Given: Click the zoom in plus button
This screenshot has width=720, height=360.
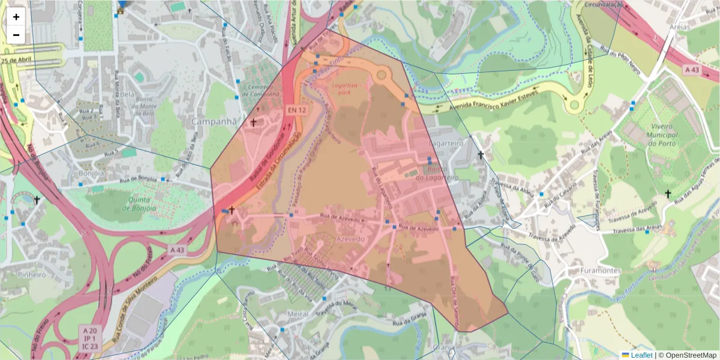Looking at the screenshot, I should coord(16,17).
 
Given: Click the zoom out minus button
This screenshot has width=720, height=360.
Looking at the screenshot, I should coord(16,35).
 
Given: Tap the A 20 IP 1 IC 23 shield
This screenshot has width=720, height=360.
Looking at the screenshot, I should coord(90,338).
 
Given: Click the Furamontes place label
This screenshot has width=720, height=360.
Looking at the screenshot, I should coord(601,271).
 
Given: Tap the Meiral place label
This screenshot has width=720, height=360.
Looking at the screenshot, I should coord(298,314).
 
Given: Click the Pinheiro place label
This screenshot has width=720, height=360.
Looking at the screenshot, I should coord(32,275).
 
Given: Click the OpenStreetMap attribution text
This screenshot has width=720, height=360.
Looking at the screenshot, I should coord(688,355).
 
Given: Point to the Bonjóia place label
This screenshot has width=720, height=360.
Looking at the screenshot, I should coord(91,173).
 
